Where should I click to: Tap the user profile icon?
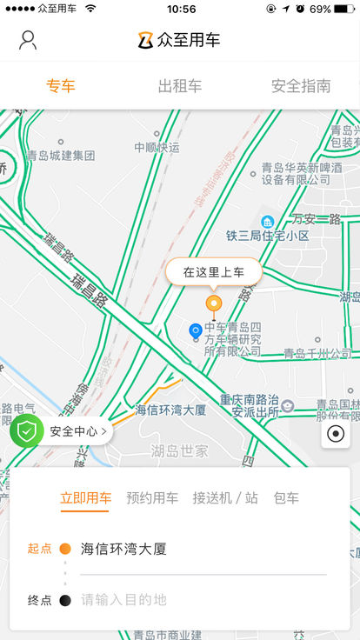click(x=28, y=40)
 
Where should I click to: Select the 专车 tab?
click(x=60, y=86)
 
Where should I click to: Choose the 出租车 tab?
click(x=180, y=86)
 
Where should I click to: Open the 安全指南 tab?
click(x=301, y=86)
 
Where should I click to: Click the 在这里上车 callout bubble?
click(x=213, y=272)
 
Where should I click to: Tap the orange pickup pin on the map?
click(x=213, y=304)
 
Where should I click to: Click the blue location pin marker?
click(x=196, y=330)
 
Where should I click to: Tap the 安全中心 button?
click(x=62, y=430)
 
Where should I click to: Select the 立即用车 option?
click(x=85, y=498)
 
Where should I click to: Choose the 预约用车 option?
click(x=152, y=498)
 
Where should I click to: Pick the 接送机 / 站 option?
click(x=225, y=498)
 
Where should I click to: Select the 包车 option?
click(x=286, y=498)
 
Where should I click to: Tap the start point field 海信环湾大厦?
click(x=123, y=549)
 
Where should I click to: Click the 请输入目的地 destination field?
click(x=123, y=599)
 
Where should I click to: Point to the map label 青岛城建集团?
click(x=60, y=156)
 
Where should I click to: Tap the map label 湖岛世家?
click(x=180, y=450)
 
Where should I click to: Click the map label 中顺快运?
click(x=157, y=147)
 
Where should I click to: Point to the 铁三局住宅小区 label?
click(x=268, y=236)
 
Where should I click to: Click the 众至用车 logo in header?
click(x=180, y=40)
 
